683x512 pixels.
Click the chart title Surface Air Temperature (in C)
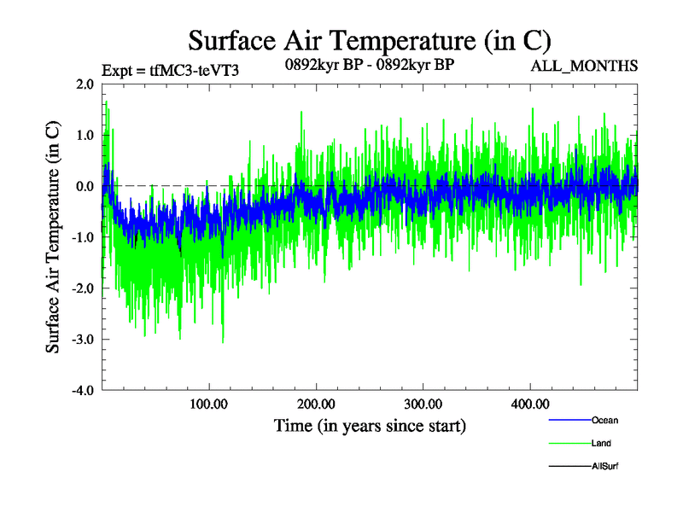pyautogui.click(x=370, y=40)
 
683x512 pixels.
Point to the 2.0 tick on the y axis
pyautogui.click(x=85, y=84)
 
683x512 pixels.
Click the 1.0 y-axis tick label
pyautogui.click(x=85, y=135)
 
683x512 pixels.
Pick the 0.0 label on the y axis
pyautogui.click(x=85, y=186)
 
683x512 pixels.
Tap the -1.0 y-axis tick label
pyautogui.click(x=83, y=237)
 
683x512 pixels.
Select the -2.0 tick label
pyautogui.click(x=83, y=288)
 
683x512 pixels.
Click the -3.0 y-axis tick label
pyautogui.click(x=83, y=340)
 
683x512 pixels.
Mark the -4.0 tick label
pyautogui.click(x=83, y=391)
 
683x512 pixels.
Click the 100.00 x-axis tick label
pyautogui.click(x=208, y=404)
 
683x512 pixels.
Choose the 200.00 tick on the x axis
pyautogui.click(x=316, y=404)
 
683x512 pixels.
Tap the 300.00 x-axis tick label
pyautogui.click(x=423, y=404)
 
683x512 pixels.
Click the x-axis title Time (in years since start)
pyautogui.click(x=370, y=425)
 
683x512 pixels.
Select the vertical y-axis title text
pyautogui.click(x=53, y=237)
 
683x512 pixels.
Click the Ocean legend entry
pyautogui.click(x=604, y=420)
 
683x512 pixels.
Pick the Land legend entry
pyautogui.click(x=601, y=443)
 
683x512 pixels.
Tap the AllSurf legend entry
pyautogui.click(x=604, y=466)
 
